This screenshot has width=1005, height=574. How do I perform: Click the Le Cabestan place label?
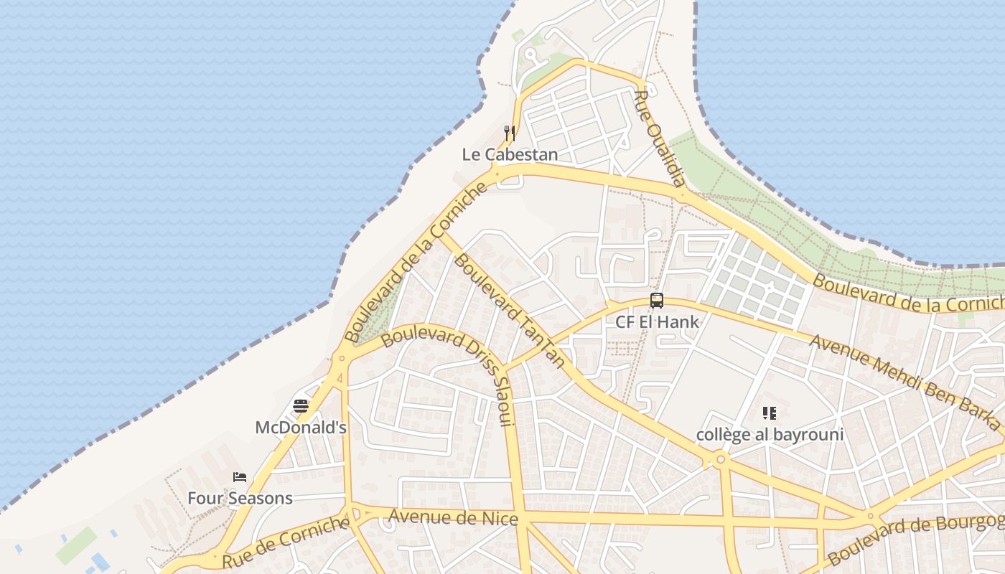(510, 154)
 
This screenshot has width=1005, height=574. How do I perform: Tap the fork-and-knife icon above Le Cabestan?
(510, 133)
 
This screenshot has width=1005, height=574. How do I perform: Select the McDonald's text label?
(301, 428)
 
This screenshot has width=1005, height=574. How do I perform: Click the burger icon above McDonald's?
(301, 407)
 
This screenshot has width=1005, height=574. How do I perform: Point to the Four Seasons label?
(240, 498)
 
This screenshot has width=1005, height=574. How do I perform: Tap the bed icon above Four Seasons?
(240, 477)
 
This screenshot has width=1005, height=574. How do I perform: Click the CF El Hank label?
(657, 321)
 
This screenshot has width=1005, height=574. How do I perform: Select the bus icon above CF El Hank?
(657, 301)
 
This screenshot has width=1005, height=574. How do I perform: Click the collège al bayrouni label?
(770, 434)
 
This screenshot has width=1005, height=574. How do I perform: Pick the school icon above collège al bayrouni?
(770, 413)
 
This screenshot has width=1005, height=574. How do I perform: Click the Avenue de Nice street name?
(453, 517)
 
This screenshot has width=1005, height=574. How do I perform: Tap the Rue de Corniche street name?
(286, 542)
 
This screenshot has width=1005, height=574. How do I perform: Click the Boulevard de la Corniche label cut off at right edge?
(908, 294)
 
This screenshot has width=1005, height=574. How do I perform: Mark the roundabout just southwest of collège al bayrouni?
(720, 458)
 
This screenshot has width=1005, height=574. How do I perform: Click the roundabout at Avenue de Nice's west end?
(352, 513)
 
